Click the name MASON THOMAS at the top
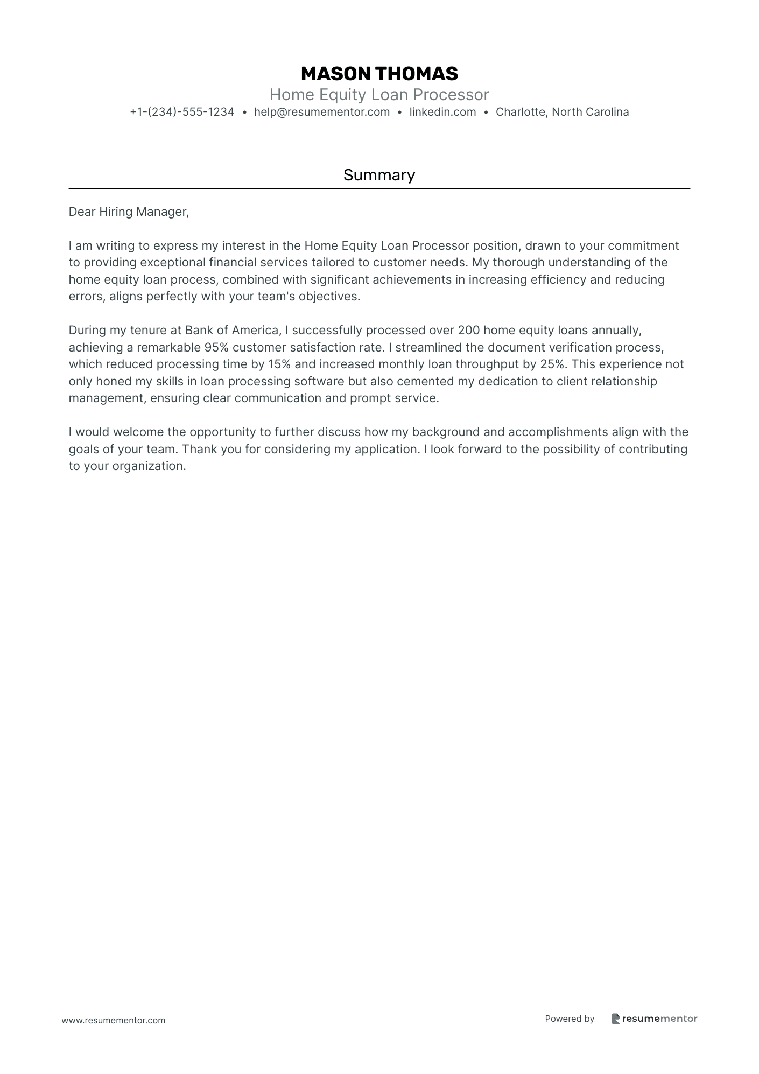coord(379,74)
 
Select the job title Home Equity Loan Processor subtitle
coord(379,95)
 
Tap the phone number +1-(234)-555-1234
coord(182,112)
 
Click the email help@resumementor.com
coord(322,112)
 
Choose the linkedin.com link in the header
coord(442,112)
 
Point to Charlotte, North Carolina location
coord(562,112)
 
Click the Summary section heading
coord(379,175)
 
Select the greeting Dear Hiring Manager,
coord(129,212)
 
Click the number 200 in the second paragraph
coord(469,330)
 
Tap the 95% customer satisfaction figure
coord(216,347)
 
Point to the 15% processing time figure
coord(279,364)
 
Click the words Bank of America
coord(232,330)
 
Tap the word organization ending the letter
coord(149,466)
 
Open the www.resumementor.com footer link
coord(114,1020)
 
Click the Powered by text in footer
coord(569,1019)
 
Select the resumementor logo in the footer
coord(654,1019)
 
